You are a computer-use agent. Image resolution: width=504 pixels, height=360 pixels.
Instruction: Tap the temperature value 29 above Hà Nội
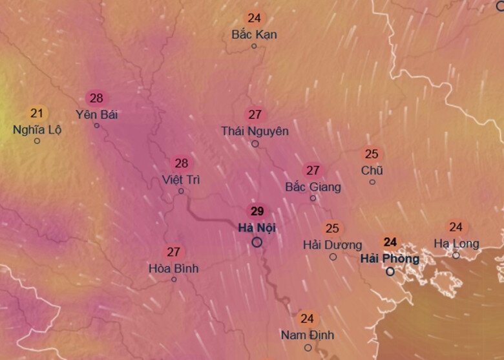(257, 211)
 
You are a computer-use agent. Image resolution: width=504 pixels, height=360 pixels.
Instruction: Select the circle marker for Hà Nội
(257, 242)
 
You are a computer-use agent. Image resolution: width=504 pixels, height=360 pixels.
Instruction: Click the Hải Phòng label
(390, 259)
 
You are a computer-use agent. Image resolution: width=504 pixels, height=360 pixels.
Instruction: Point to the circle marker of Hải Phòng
(390, 272)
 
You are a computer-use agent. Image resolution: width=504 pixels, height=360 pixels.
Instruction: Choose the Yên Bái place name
(97, 114)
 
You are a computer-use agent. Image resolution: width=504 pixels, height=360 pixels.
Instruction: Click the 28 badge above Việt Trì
(182, 164)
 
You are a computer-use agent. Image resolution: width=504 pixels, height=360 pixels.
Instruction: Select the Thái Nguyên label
(255, 131)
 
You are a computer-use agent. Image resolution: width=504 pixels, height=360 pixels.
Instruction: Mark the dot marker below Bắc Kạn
(254, 46)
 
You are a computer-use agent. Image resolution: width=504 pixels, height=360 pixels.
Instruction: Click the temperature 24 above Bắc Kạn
(254, 18)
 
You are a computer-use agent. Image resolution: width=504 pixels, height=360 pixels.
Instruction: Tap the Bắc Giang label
(313, 187)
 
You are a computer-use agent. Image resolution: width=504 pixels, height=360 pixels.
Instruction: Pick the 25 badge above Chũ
(372, 154)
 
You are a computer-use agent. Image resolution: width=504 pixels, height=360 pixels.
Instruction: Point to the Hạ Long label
(456, 244)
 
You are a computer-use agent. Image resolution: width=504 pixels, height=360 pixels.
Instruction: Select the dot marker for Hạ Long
(456, 255)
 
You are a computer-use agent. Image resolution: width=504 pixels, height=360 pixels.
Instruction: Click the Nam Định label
(308, 335)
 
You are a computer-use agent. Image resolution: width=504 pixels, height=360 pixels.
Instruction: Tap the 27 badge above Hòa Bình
(173, 252)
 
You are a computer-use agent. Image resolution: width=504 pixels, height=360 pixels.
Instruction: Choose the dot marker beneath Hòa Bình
(174, 279)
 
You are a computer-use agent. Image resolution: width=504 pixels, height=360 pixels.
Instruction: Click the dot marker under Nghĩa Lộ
(37, 141)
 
